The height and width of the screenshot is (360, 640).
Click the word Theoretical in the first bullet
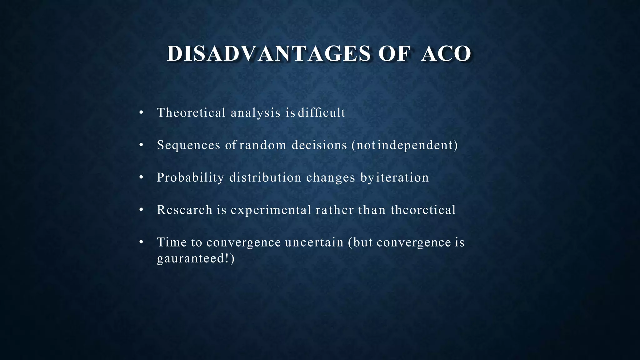pos(191,112)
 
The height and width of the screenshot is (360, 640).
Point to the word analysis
pos(256,112)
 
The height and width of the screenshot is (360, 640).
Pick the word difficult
pos(322,112)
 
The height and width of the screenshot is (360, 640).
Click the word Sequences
pos(188,145)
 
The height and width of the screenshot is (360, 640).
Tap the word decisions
pos(319,145)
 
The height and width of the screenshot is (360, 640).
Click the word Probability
pos(190,177)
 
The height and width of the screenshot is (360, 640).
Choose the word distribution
pos(265,177)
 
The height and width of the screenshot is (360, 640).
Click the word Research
pos(185,210)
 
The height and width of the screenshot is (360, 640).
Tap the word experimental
pos(271,210)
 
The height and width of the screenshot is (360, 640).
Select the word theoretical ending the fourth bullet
pos(423,210)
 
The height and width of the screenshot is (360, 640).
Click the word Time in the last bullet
pos(172,242)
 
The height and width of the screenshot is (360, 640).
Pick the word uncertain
pos(314,242)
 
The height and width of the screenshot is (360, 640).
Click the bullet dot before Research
pos(141,210)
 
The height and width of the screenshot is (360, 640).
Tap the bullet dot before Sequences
pos(141,145)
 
